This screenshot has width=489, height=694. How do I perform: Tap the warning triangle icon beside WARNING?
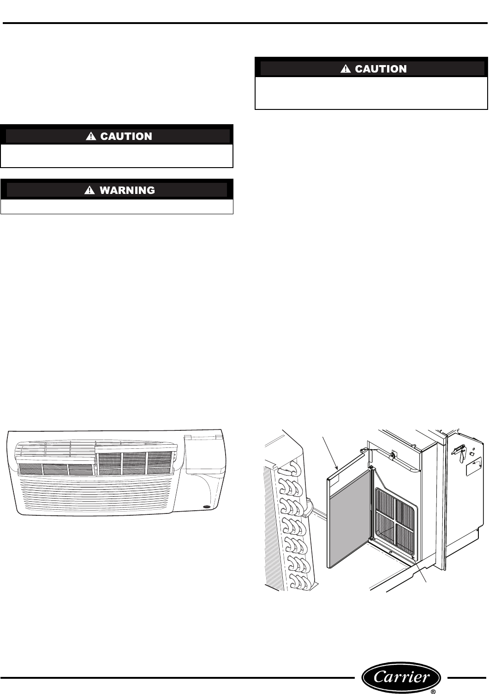[89, 190]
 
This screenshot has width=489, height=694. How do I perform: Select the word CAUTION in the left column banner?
[126, 136]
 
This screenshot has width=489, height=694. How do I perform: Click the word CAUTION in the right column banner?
[381, 69]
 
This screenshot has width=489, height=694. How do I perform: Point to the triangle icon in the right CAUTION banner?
[345, 69]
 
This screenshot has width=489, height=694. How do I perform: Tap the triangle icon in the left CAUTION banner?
[90, 136]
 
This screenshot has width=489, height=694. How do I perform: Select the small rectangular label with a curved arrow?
[475, 469]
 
